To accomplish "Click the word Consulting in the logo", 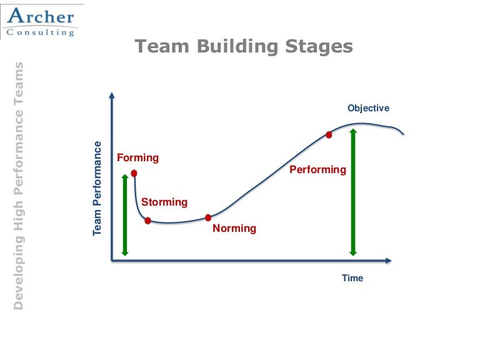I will pyautogui.click(x=41, y=32).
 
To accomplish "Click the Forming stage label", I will pyautogui.click(x=138, y=157).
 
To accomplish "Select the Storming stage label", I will pyautogui.click(x=164, y=202).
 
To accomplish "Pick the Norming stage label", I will pyautogui.click(x=234, y=228).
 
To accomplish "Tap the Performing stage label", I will pyautogui.click(x=317, y=169).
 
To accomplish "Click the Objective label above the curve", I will pyautogui.click(x=369, y=108).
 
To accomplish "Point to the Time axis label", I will pyautogui.click(x=352, y=278).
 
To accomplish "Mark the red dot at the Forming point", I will pyautogui.click(x=134, y=173).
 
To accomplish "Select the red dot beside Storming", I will pyautogui.click(x=147, y=220).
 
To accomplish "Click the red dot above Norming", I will pyautogui.click(x=209, y=217).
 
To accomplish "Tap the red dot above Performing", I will pyautogui.click(x=329, y=134).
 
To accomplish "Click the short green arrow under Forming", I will pyautogui.click(x=125, y=215).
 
